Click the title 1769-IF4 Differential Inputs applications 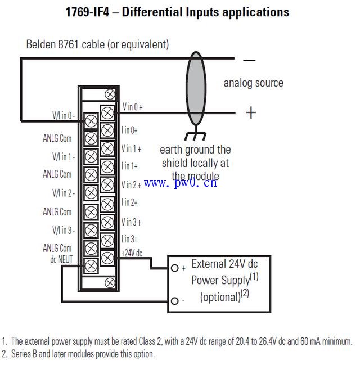[178, 12]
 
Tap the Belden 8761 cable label [97, 44]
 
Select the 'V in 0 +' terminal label [132, 107]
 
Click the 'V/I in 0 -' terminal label [63, 116]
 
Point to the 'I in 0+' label [129, 130]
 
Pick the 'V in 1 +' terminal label [131, 148]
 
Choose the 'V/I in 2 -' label [63, 193]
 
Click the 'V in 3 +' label [131, 222]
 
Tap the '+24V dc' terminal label [132, 253]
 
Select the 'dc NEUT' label [61, 260]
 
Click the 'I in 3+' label [129, 239]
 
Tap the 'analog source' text [253, 83]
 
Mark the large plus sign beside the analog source [250, 112]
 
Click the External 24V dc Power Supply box [220, 283]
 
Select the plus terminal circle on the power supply [175, 268]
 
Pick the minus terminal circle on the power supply [175, 301]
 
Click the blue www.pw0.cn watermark [180, 182]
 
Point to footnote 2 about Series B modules [78, 354]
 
